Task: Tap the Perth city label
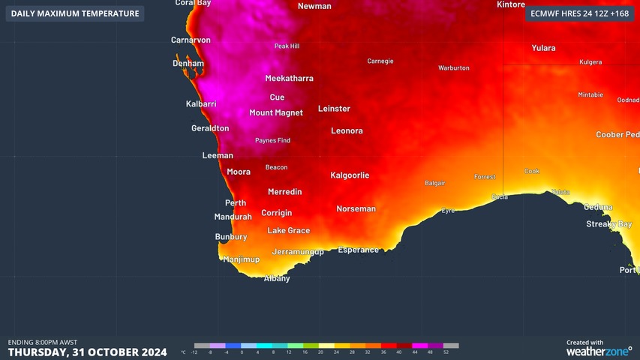[x=236, y=203]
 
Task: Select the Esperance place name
[x=358, y=250]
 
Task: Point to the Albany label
[x=277, y=279]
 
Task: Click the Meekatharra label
[x=289, y=79]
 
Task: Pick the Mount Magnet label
[x=276, y=113]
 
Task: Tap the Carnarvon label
[x=191, y=40]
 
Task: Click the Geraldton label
[x=210, y=129]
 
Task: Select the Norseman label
[x=356, y=209]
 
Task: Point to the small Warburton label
[x=454, y=68]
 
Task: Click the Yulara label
[x=543, y=49]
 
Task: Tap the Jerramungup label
[x=298, y=252]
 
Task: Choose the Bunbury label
[x=231, y=237]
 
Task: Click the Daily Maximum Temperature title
[x=75, y=13]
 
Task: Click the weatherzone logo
[x=599, y=351]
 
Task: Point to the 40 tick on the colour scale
[x=398, y=352]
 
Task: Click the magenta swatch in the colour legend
[x=420, y=346]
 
